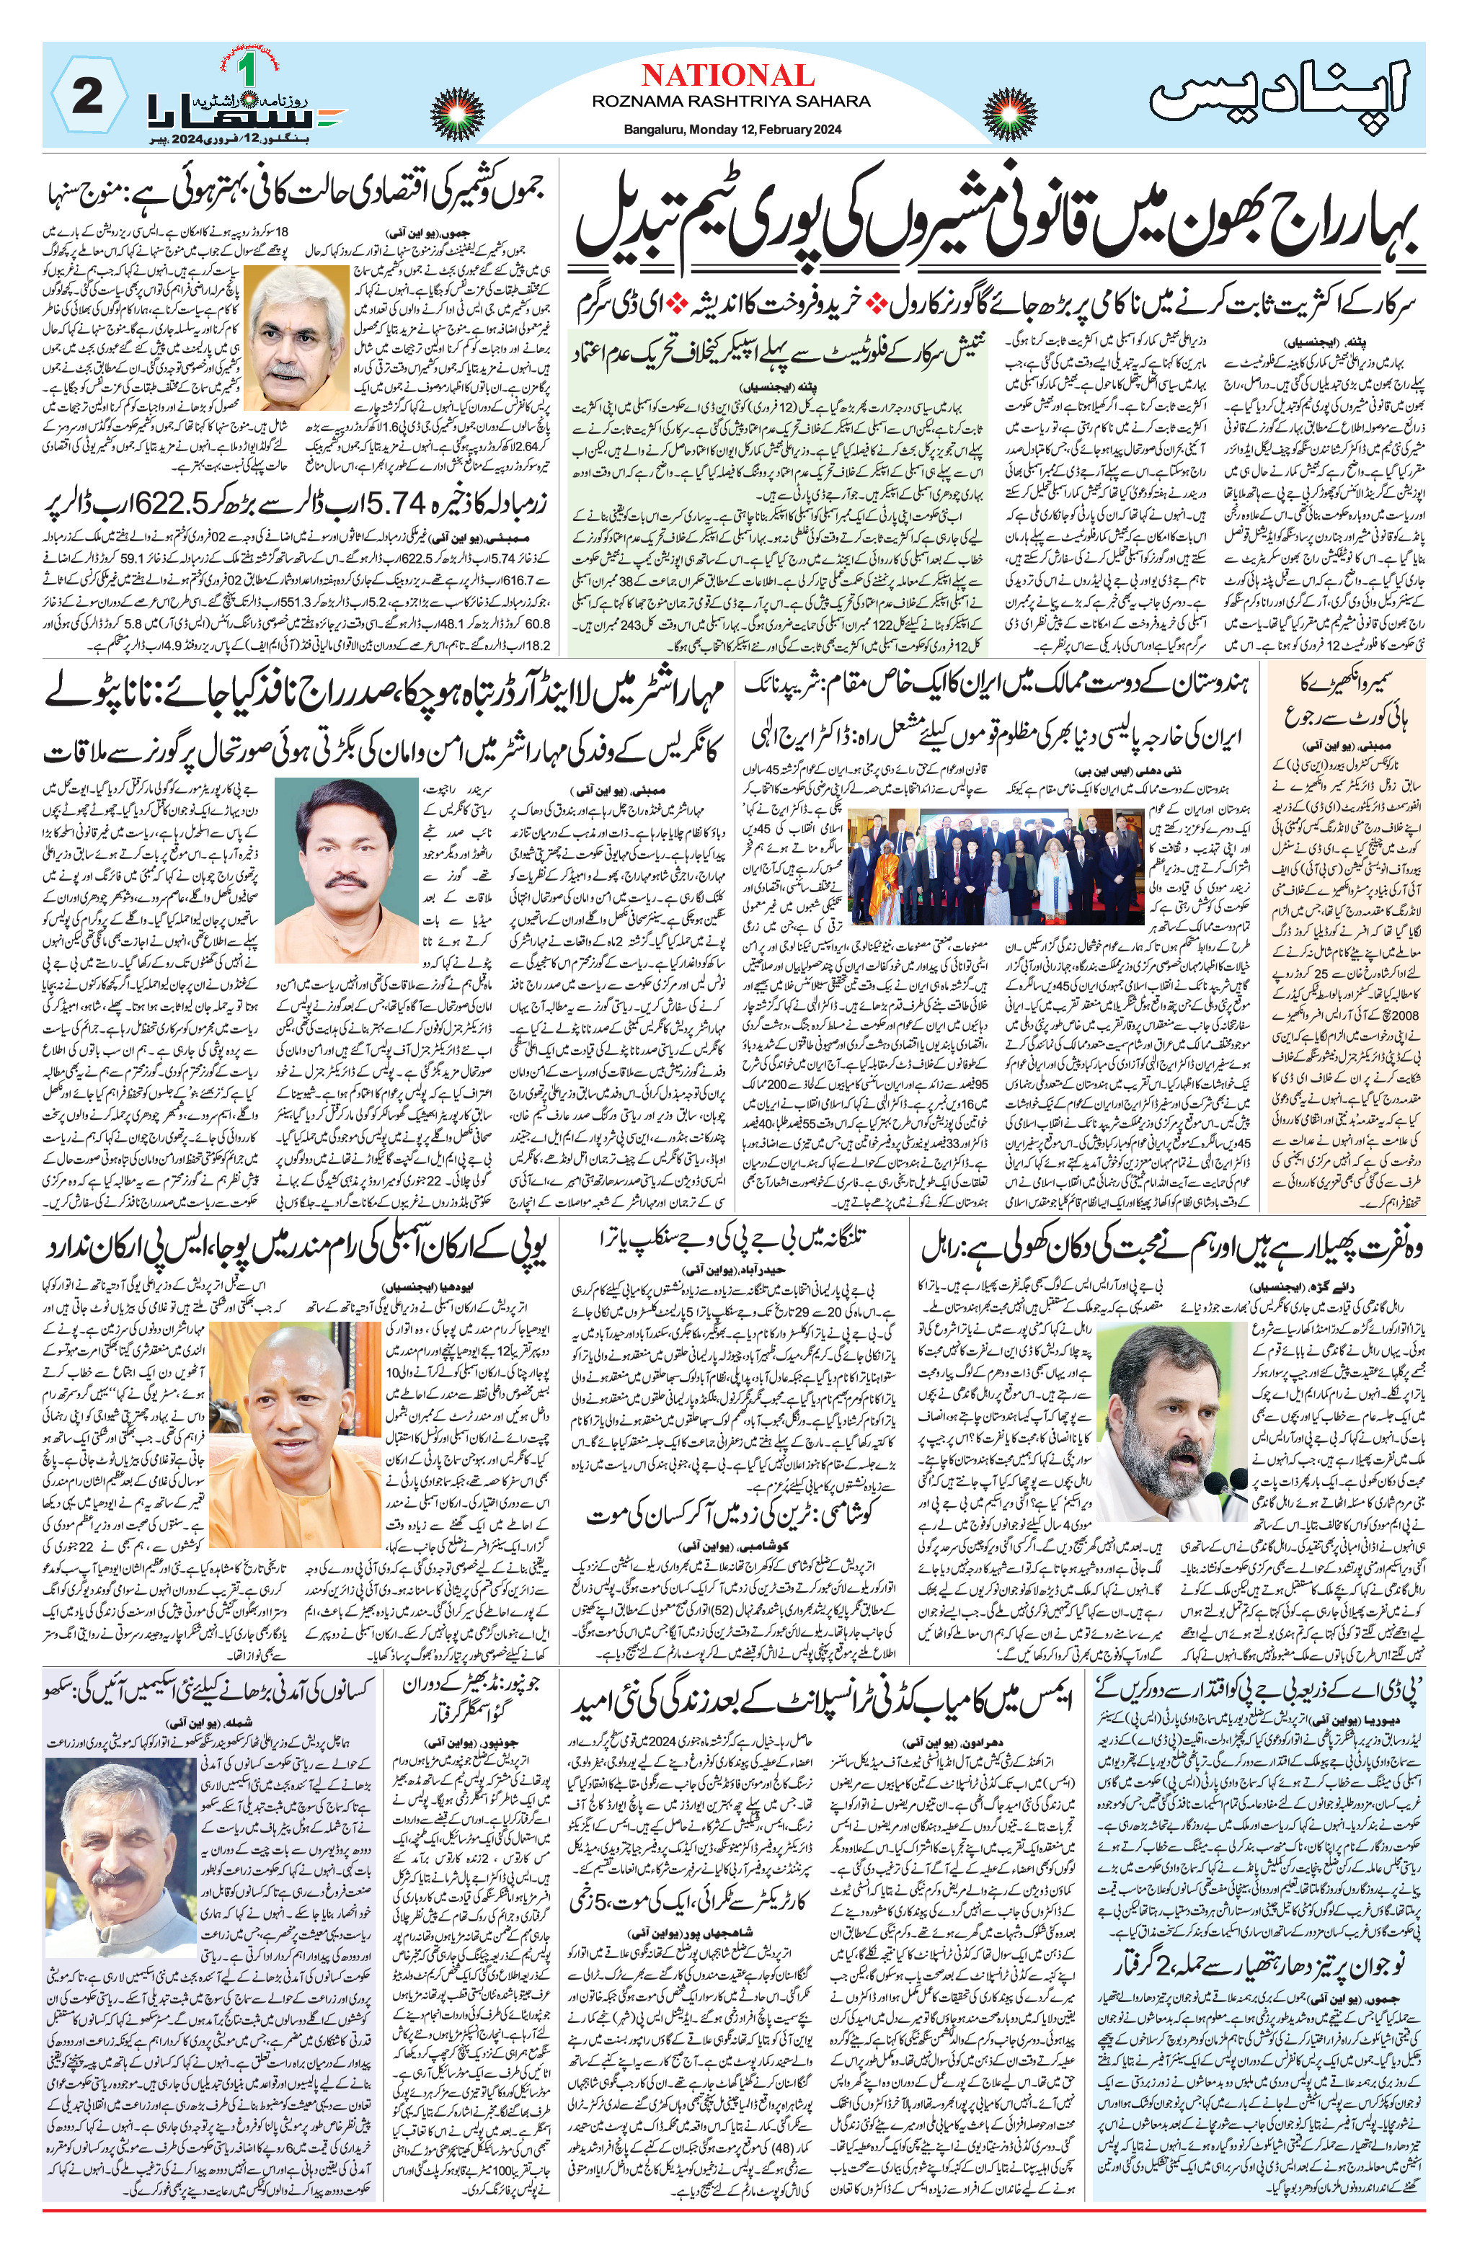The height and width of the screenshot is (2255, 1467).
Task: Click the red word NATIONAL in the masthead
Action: (x=727, y=76)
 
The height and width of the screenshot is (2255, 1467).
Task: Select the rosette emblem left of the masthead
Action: (x=460, y=112)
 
